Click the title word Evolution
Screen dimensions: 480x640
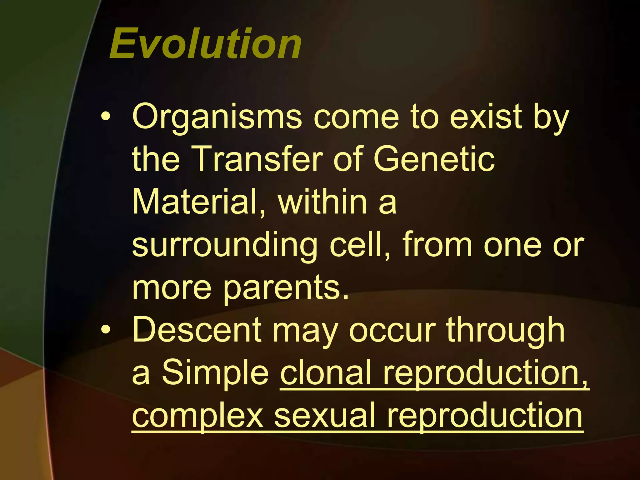[205, 44]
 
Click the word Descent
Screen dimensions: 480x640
[197, 330]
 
